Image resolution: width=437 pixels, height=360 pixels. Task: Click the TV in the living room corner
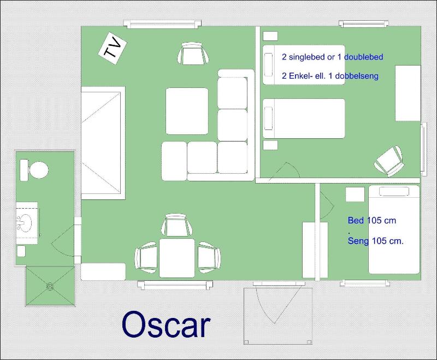pos(113,49)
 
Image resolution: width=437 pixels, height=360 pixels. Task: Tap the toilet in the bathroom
pos(34,170)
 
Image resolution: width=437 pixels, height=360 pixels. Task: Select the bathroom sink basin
pos(25,222)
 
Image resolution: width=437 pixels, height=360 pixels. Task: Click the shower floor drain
pos(50,286)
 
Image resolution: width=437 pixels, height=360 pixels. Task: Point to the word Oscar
pos(166,324)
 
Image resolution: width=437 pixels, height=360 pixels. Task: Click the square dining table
pos(177,258)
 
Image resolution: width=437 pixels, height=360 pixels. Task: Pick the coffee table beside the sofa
pos(187,111)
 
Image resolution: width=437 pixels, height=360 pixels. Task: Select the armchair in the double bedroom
pos(389,161)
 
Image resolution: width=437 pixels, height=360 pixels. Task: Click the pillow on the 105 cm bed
pos(394,191)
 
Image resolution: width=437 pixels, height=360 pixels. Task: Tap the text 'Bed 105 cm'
pos(372,220)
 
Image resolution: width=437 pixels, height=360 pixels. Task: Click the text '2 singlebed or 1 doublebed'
pos(333,57)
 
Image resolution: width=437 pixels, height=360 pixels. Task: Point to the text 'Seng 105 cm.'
pos(375,241)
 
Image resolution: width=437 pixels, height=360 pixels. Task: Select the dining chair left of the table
pos(146,257)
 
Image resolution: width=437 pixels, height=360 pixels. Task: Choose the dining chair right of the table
pos(209,257)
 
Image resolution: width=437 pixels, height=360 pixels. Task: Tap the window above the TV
pos(162,24)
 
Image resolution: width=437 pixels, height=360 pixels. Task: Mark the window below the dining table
pos(175,285)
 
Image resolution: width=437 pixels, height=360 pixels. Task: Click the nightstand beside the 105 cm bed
pos(355,194)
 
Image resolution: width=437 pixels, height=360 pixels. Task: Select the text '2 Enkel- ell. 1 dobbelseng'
pos(330,76)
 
